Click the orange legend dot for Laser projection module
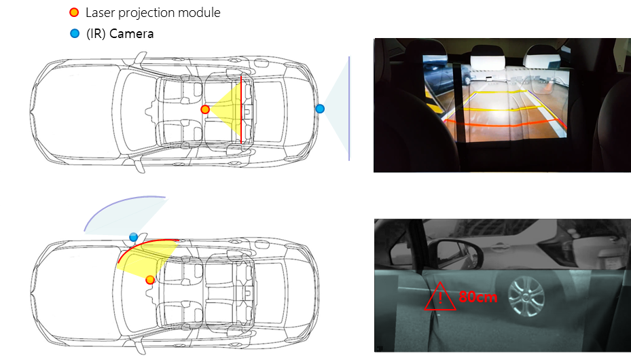coord(74,12)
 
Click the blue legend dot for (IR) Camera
coord(75,33)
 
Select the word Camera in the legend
coord(131,34)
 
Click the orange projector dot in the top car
coord(205,109)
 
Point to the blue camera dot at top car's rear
coord(320,109)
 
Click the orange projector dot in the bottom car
coord(150,280)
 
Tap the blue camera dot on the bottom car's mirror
coord(133,237)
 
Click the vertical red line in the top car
coord(241,109)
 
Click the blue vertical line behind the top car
coord(349,109)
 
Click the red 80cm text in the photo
coord(478,298)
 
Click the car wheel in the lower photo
coord(526,296)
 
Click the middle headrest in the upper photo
coord(488,56)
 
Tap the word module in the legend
coord(199,12)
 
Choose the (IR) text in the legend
coord(96,34)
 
